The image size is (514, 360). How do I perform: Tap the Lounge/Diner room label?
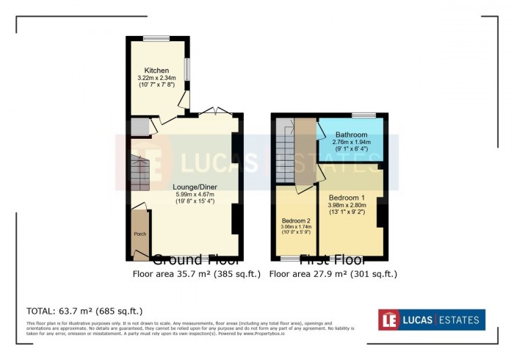point(195,187)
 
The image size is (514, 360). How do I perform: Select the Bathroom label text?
point(351,135)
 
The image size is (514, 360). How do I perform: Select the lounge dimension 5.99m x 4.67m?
point(195,194)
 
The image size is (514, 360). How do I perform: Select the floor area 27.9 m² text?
point(333,274)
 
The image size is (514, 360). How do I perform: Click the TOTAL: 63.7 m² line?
point(84,311)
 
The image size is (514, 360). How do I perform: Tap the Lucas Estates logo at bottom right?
point(431,320)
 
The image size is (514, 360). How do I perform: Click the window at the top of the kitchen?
point(156,38)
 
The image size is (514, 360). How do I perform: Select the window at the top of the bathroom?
point(363,115)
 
